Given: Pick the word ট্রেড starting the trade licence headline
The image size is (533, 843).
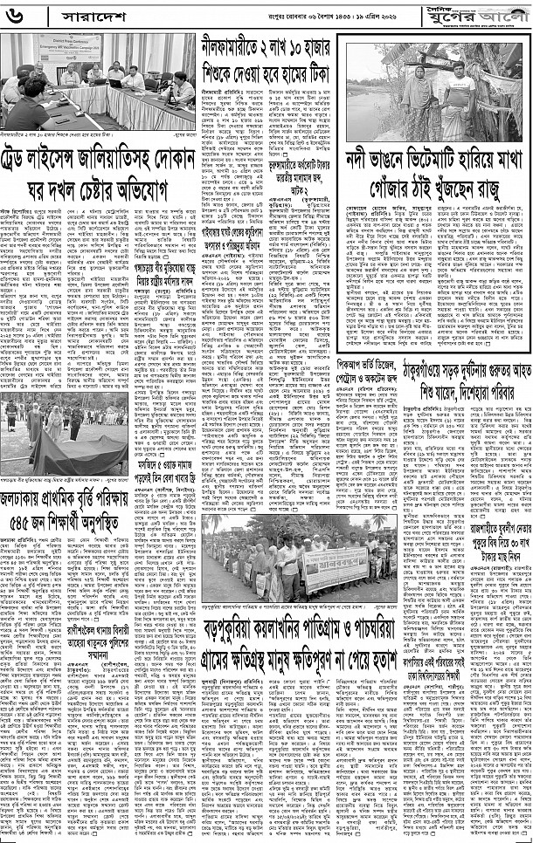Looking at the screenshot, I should pyautogui.click(x=22, y=169).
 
